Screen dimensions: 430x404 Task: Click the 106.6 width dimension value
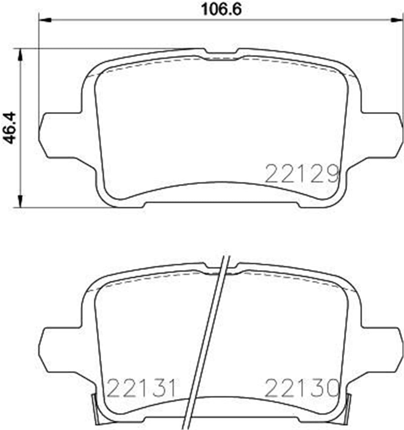click(x=221, y=9)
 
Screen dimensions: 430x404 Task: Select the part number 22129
click(x=302, y=173)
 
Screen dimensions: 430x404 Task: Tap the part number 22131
click(x=141, y=388)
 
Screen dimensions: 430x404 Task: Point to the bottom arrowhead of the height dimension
click(x=21, y=201)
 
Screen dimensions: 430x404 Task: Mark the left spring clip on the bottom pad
click(x=96, y=409)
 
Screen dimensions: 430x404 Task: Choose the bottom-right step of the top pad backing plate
click(x=299, y=205)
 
